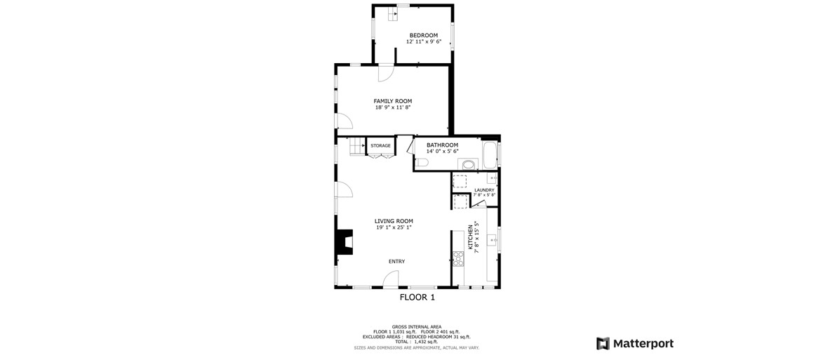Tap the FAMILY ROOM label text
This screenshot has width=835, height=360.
point(392,101)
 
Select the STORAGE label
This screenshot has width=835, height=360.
point(381,146)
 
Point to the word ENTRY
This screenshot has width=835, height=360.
point(396,262)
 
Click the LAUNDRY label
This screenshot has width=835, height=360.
point(484,190)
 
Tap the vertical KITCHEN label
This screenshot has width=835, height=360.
point(470,237)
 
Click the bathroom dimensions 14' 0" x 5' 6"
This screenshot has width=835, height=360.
point(442,151)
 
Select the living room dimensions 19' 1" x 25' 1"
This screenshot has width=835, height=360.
point(394,227)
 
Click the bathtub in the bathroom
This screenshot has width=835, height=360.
point(489,154)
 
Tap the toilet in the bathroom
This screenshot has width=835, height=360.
point(421,162)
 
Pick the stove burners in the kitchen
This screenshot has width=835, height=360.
point(457,259)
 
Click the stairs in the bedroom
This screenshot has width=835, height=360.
point(392,13)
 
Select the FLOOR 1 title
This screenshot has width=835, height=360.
point(417,298)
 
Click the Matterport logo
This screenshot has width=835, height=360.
point(635,343)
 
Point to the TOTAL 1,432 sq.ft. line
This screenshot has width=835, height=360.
point(417,341)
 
